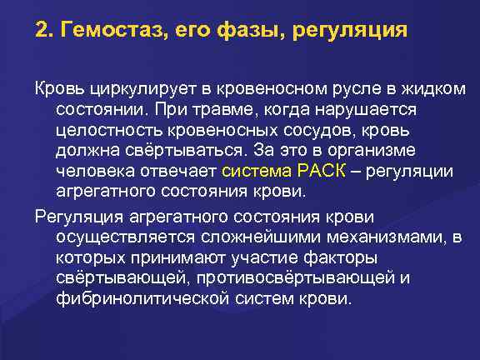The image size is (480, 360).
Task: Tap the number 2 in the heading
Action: pos(41,32)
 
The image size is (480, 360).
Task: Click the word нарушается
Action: pos(372,109)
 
